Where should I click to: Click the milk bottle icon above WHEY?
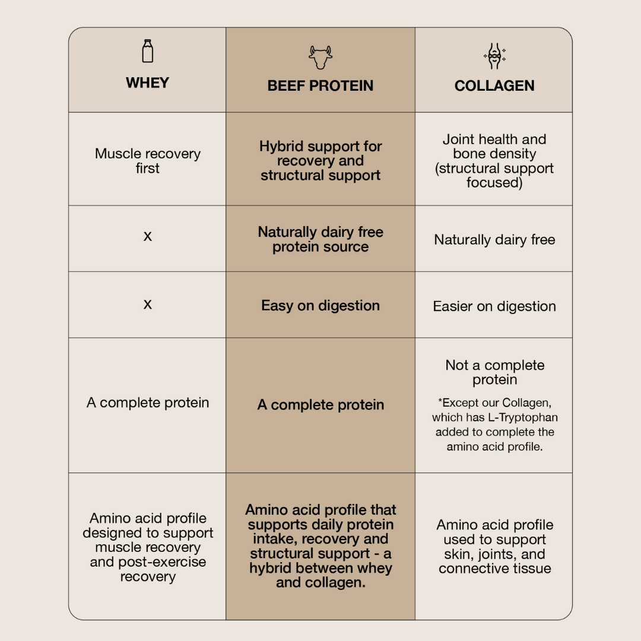[x=148, y=51]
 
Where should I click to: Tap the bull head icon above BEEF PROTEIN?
[x=320, y=57]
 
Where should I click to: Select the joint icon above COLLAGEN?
[x=494, y=56]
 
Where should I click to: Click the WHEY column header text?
[x=148, y=82]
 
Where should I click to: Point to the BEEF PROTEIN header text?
[x=320, y=86]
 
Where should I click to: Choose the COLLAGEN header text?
[x=494, y=86]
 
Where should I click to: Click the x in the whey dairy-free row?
[x=148, y=236]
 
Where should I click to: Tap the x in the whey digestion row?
[x=148, y=304]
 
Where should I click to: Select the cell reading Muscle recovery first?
[x=148, y=161]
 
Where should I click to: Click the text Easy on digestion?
[x=320, y=306]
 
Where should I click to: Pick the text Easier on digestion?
[x=494, y=306]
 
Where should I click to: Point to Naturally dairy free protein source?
[x=320, y=239]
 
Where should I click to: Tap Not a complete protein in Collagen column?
[x=494, y=372]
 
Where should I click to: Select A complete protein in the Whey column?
[x=148, y=402]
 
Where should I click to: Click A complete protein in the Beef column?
[x=320, y=405]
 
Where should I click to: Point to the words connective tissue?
[x=494, y=568]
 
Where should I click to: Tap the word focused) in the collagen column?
[x=494, y=182]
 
